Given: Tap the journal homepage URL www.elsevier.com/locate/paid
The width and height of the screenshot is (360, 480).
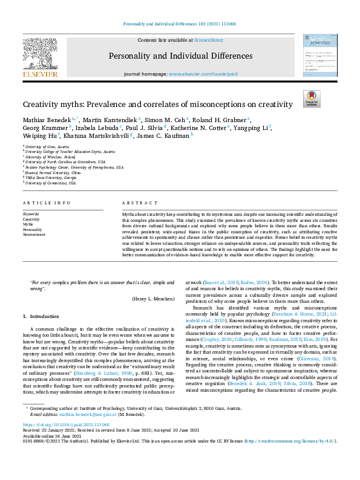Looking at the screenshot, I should (x=198, y=74).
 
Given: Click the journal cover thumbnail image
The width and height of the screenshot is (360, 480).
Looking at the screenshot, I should (x=320, y=56).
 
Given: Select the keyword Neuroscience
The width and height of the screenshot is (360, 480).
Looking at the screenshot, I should (x=34, y=234).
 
